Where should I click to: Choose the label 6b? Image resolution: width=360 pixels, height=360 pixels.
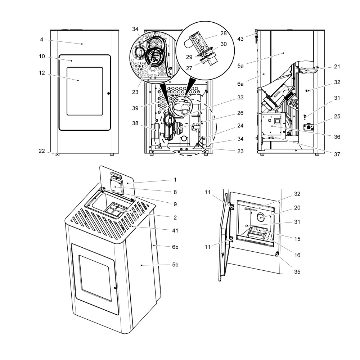pyautogui.click(x=175, y=247)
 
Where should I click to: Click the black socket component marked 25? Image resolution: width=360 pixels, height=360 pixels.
pyautogui.click(x=309, y=127)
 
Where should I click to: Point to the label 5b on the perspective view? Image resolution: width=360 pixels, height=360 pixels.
pyautogui.click(x=175, y=265)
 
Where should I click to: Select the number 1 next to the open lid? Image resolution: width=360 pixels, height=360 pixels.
pyautogui.click(x=175, y=179)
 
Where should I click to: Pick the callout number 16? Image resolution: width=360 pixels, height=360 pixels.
pyautogui.click(x=297, y=255)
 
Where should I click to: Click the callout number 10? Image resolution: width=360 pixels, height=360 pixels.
pyautogui.click(x=42, y=57)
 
